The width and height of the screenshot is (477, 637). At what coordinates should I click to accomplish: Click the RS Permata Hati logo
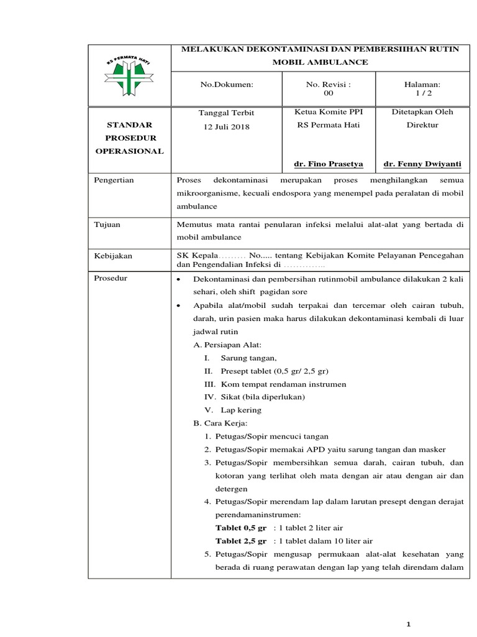click(130, 75)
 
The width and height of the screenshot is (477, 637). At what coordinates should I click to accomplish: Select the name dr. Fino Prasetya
click(329, 164)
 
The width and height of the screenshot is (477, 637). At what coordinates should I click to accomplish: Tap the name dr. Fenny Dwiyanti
click(422, 164)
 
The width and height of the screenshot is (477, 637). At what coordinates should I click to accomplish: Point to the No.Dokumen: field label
click(226, 84)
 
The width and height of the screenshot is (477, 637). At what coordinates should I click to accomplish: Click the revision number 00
click(329, 93)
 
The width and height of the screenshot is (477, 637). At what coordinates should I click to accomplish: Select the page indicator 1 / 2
click(422, 93)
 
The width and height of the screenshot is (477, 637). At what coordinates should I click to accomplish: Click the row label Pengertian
click(114, 180)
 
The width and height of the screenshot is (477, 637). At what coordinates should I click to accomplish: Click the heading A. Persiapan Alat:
click(228, 345)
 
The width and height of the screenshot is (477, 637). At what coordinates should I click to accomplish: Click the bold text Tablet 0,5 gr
click(241, 527)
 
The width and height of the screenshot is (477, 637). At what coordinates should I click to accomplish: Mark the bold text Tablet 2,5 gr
click(241, 540)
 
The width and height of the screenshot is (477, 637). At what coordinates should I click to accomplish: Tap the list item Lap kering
click(241, 410)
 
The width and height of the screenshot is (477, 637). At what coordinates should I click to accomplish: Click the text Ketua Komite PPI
click(328, 112)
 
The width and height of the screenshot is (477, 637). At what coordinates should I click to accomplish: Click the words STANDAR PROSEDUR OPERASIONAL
click(130, 138)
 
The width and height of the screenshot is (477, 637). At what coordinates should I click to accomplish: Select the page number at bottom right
click(408, 625)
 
